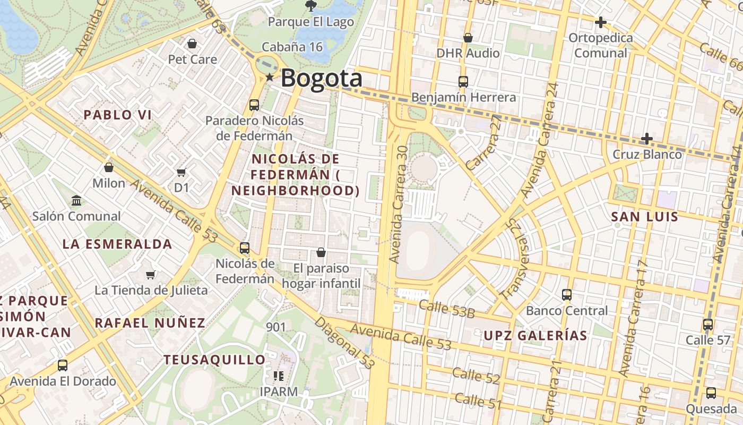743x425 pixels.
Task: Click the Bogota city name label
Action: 321,79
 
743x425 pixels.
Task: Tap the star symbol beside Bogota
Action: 270,78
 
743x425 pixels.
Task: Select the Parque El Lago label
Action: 310,22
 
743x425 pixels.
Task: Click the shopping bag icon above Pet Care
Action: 192,44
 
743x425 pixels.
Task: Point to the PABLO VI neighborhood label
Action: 118,115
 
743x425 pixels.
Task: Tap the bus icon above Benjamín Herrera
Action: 463,82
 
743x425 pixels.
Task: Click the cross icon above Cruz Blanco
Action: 646,139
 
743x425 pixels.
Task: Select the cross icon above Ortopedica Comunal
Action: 600,22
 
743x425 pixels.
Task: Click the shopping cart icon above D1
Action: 182,172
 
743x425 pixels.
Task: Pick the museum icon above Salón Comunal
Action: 76,201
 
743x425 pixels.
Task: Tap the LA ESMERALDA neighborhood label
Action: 117,244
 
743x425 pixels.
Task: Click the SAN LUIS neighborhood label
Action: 644,217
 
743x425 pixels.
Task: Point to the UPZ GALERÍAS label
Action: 535,336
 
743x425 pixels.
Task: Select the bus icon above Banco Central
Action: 567,295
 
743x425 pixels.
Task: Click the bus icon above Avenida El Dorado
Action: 63,365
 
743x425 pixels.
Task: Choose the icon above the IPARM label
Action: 279,376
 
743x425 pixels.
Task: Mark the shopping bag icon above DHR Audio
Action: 468,38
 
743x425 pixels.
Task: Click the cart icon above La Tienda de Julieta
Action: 151,275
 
